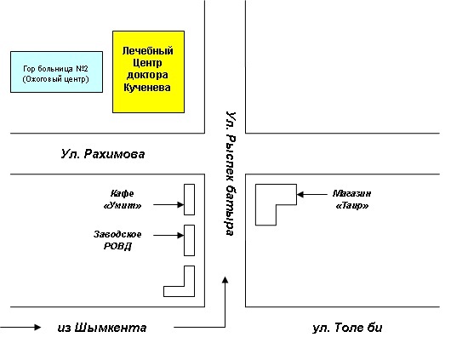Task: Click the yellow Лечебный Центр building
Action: (x=148, y=72)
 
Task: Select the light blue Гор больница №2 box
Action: (x=57, y=72)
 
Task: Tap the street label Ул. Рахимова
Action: (x=103, y=154)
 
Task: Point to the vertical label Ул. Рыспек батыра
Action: (x=231, y=174)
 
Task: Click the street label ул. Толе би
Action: (x=347, y=328)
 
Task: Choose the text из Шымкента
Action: (x=102, y=328)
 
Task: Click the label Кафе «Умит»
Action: (x=123, y=199)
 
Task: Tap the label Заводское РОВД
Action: (x=117, y=240)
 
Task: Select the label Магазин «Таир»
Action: (x=352, y=199)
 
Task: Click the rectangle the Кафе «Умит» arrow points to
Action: (x=189, y=199)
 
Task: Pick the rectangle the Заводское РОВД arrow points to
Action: (x=189, y=240)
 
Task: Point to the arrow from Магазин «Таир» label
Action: (x=312, y=194)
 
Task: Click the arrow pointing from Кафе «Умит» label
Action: (x=168, y=204)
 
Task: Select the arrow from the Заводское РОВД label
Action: (x=168, y=235)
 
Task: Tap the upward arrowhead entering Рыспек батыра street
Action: (x=225, y=280)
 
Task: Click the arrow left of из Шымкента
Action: (x=20, y=327)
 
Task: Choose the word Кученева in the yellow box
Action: (x=147, y=88)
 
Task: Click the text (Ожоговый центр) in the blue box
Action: (x=56, y=79)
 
